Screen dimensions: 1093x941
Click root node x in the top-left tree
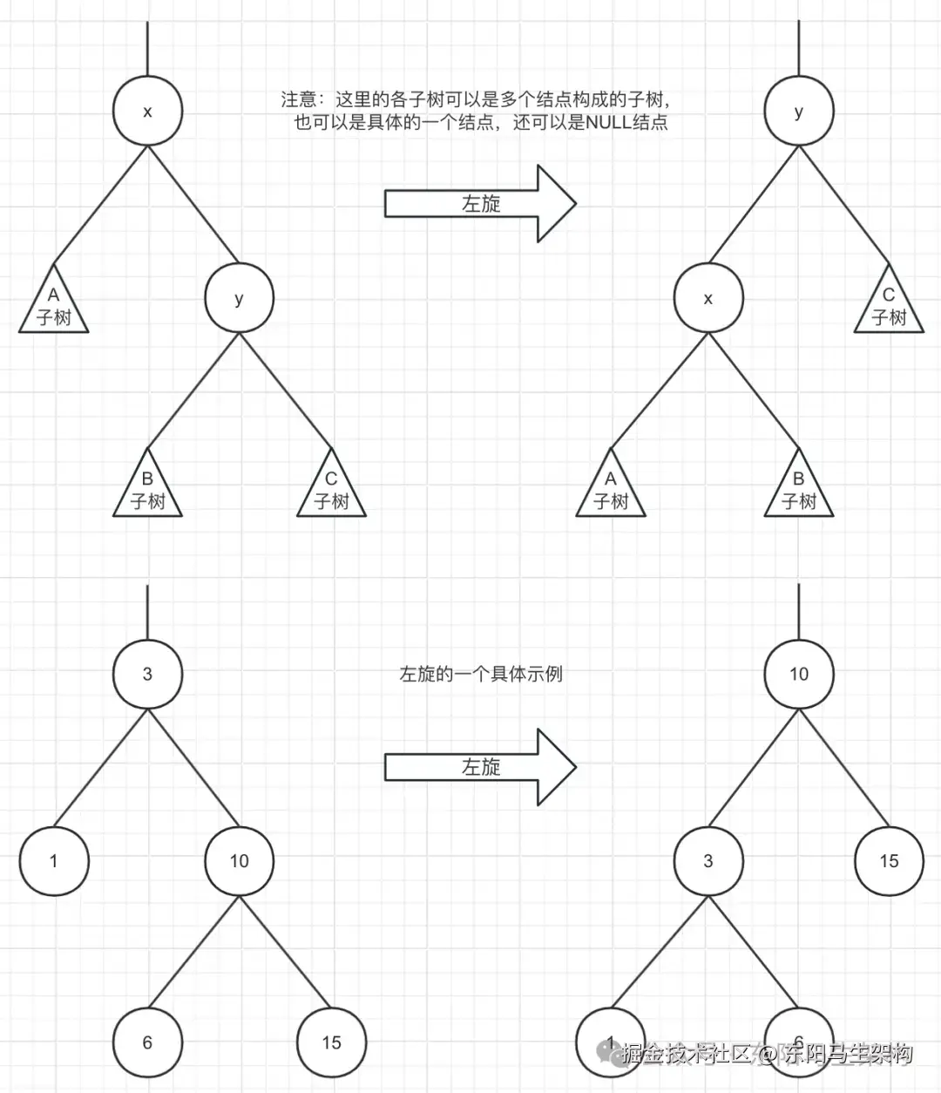tap(147, 112)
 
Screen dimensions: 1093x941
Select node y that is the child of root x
tap(239, 298)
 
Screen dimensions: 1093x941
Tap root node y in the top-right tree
tap(798, 112)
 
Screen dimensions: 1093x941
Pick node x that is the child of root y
tap(707, 298)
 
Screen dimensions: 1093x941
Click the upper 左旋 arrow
tap(480, 204)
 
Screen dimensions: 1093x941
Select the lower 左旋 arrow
tap(480, 767)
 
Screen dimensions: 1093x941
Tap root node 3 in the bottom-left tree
tap(147, 674)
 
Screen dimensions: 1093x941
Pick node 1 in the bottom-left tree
tap(54, 861)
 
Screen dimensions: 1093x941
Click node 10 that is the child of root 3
tap(239, 861)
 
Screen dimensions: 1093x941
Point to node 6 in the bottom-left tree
tap(147, 1042)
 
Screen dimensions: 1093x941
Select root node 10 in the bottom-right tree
tap(798, 674)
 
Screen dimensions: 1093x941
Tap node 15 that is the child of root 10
tap(889, 861)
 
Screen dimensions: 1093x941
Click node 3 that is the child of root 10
tap(707, 861)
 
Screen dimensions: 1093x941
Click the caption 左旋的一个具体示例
tap(481, 674)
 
